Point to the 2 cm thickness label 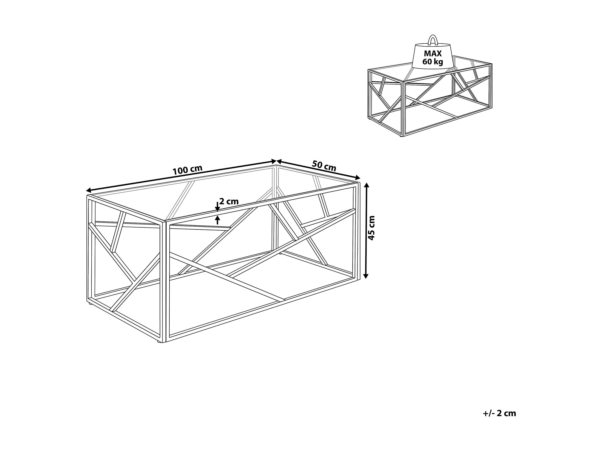click(x=229, y=202)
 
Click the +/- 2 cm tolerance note click(x=499, y=413)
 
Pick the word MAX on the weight click(x=433, y=54)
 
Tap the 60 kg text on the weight click(x=433, y=62)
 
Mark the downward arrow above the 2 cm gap click(x=217, y=207)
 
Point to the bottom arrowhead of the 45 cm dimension click(x=366, y=276)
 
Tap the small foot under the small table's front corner click(x=402, y=136)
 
